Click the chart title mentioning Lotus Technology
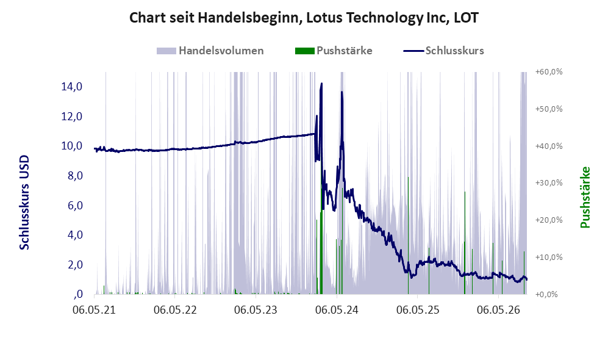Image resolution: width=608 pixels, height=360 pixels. tap(304, 18)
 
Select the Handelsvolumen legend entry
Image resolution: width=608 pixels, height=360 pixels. tap(210, 51)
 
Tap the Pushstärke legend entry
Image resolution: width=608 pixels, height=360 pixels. tap(334, 51)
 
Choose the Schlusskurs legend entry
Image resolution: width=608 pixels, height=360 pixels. tap(443, 51)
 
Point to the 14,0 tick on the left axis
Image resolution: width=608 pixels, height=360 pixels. tap(72, 87)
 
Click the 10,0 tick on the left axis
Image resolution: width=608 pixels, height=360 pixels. tap(72, 146)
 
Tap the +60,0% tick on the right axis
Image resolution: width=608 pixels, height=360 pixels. tap(549, 72)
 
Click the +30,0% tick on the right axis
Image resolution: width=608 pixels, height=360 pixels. tap(549, 182)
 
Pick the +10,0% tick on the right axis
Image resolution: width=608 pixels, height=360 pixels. tap(549, 257)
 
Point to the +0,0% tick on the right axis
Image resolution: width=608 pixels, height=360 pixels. tap(546, 295)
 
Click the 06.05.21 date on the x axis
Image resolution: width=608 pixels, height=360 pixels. tap(95, 310)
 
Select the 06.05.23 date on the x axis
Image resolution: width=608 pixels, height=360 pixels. tap(256, 310)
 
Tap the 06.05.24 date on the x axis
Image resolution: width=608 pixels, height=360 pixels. tap(337, 310)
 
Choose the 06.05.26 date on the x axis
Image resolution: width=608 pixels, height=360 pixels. tap(498, 310)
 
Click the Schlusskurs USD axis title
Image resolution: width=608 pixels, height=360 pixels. tap(24, 203)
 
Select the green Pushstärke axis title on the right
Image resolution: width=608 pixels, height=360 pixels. tap(585, 198)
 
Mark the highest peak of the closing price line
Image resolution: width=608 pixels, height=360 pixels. tap(321, 83)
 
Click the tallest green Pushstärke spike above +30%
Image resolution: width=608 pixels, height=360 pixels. tap(409, 236)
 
